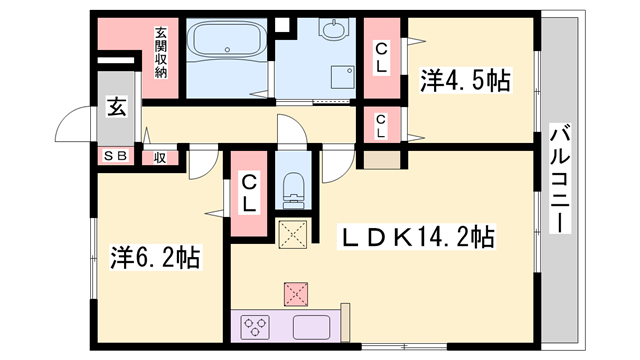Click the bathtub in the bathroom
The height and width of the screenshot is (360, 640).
click(229, 42)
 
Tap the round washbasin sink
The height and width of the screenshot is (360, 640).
click(333, 30)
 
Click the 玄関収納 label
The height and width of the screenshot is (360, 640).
click(160, 52)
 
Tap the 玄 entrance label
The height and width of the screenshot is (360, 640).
click(116, 107)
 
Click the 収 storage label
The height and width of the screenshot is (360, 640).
click(159, 157)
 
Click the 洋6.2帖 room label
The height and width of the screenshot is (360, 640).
click(154, 258)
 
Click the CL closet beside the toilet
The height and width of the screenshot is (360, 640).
click(248, 194)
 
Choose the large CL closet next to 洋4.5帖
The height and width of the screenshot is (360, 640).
click(381, 58)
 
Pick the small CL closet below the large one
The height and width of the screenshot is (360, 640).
click(381, 125)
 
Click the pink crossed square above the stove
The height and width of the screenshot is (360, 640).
click(294, 293)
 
